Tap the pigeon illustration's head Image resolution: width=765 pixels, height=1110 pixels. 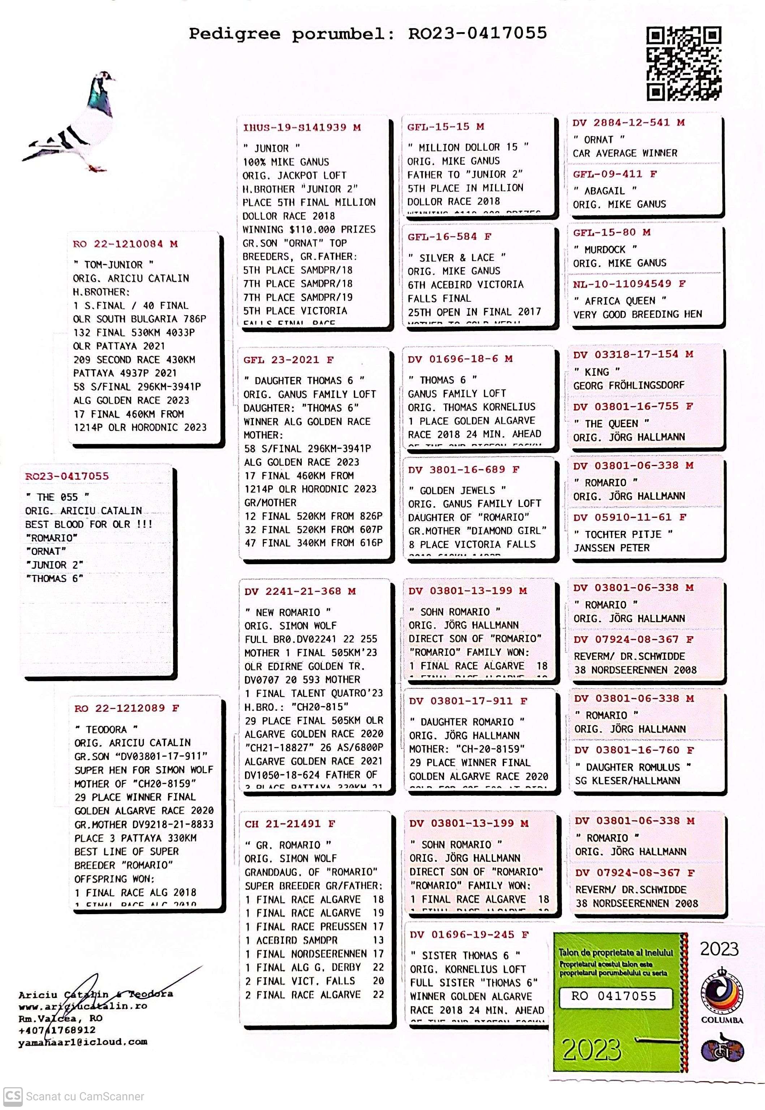pos(104,78)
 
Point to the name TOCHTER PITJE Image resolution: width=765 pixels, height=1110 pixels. pos(623,534)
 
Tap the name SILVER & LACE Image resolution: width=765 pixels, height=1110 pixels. pos(457,257)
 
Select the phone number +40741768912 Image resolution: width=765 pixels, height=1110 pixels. pos(57,1029)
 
